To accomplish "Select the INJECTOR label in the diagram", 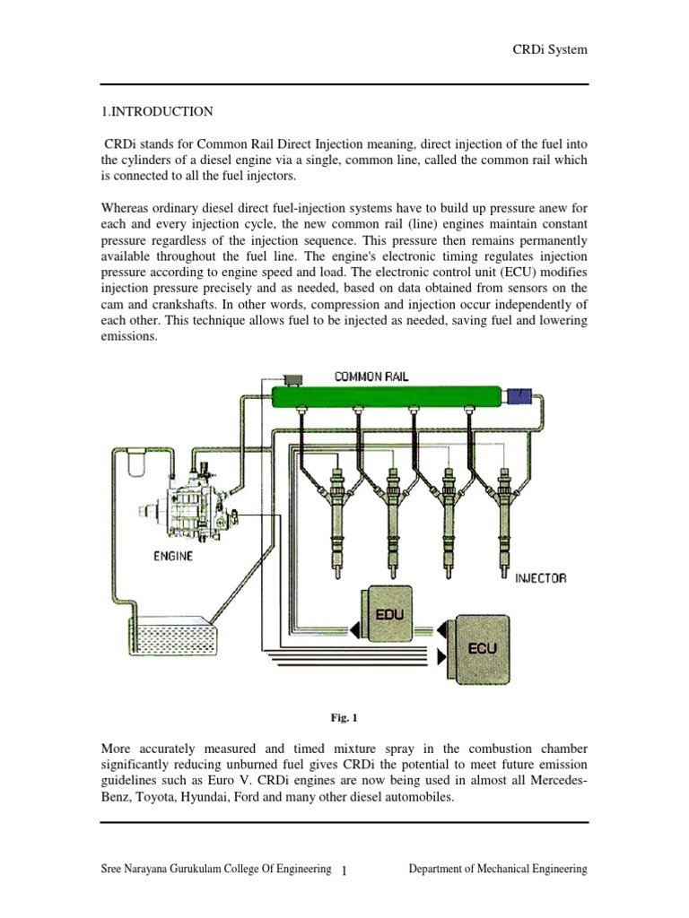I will (x=540, y=578).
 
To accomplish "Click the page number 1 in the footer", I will (x=344, y=870).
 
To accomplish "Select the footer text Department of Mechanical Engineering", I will (x=498, y=869).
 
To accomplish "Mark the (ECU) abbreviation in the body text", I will (x=491, y=273).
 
